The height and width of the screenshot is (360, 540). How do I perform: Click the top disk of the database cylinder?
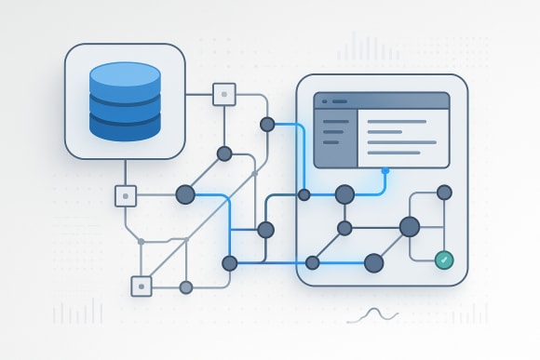click(x=124, y=73)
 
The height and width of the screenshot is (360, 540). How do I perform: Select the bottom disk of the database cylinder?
click(x=124, y=124)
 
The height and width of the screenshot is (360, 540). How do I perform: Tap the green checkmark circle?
click(x=444, y=260)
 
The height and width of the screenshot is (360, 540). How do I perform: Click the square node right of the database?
click(x=224, y=94)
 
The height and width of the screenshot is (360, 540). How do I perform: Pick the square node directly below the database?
click(x=126, y=195)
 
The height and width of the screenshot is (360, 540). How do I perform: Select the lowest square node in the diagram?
click(x=142, y=287)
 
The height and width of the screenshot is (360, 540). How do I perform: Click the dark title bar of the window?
click(x=382, y=100)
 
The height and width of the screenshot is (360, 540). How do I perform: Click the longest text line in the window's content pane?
click(x=402, y=142)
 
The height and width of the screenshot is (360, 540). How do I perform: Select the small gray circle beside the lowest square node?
click(x=185, y=287)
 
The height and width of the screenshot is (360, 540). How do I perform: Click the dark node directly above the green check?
click(x=444, y=193)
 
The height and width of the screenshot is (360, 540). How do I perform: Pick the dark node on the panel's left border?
click(x=304, y=194)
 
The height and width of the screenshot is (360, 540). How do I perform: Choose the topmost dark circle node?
click(x=267, y=124)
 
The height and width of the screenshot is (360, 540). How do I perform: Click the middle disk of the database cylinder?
click(x=124, y=99)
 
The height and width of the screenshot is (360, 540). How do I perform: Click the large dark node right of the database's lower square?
click(x=185, y=194)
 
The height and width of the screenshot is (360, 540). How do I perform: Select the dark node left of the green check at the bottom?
click(x=374, y=263)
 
